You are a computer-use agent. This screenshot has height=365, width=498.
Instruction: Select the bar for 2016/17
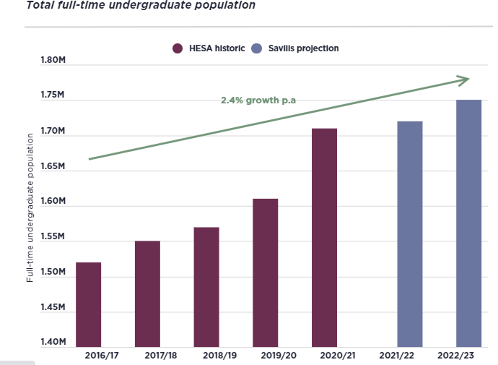pyautogui.click(x=88, y=304)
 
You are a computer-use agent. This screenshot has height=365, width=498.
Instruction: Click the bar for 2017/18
pyautogui.click(x=147, y=293)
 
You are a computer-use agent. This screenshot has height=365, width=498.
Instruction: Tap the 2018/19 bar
pyautogui.click(x=206, y=286)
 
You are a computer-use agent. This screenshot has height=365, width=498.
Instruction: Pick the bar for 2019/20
pyautogui.click(x=266, y=272)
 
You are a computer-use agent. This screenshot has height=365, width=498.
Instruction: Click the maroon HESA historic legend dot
pyautogui.click(x=177, y=48)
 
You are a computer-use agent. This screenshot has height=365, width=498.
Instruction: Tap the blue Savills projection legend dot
pyautogui.click(x=256, y=48)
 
